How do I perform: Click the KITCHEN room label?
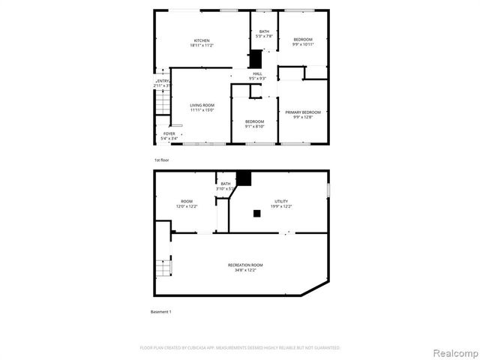(x=202, y=40)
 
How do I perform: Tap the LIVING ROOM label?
(x=202, y=105)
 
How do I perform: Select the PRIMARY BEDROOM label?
(x=303, y=112)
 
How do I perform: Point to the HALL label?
(x=257, y=73)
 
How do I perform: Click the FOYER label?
(x=169, y=133)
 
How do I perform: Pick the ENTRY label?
(x=163, y=81)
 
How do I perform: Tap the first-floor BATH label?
(x=264, y=31)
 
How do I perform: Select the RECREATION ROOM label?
(x=246, y=265)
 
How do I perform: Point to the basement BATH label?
(x=226, y=184)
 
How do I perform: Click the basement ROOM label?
(x=186, y=201)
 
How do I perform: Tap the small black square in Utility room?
(x=257, y=214)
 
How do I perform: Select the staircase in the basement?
(x=163, y=266)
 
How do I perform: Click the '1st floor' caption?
(x=161, y=160)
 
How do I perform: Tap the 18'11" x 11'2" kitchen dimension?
(x=202, y=46)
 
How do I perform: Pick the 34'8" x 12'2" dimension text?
(x=246, y=270)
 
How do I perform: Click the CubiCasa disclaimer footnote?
(x=240, y=348)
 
